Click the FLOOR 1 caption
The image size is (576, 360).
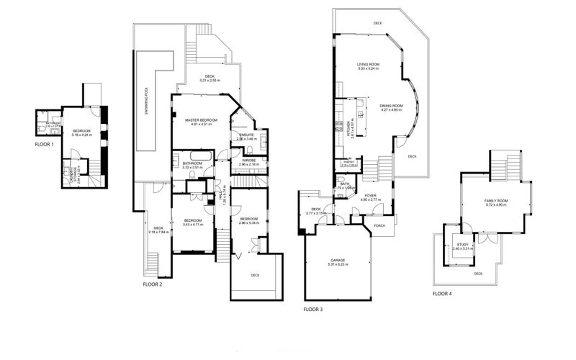[45, 144]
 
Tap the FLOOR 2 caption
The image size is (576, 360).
[152, 284]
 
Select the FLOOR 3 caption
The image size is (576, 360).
[312, 309]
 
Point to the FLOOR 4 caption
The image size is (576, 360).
[443, 294]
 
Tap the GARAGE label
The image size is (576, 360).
[338, 261]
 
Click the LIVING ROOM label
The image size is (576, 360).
[369, 64]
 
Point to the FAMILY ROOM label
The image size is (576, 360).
[496, 201]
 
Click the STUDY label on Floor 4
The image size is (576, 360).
[462, 245]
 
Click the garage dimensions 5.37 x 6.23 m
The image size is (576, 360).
[338, 265]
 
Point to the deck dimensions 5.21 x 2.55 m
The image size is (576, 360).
[210, 80]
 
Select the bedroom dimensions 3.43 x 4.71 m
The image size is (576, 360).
[192, 225]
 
